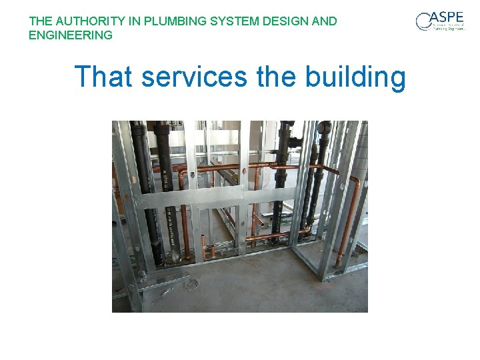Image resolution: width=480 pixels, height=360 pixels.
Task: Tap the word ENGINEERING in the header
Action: [x=71, y=35]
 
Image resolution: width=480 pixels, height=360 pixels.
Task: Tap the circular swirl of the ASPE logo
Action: [x=424, y=23]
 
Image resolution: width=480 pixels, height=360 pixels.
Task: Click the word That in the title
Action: [x=103, y=77]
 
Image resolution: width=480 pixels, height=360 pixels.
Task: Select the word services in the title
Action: [x=194, y=77]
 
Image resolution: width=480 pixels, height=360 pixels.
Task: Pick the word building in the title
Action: [x=355, y=77]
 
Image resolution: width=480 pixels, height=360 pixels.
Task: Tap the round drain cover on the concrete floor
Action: [x=192, y=283]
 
